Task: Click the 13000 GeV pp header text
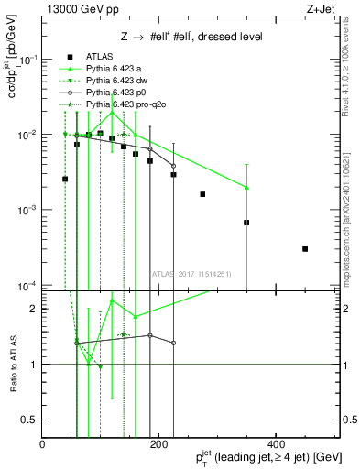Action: (75, 10)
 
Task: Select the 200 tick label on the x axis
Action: (159, 444)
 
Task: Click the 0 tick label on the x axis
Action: (42, 444)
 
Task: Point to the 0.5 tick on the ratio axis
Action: (32, 420)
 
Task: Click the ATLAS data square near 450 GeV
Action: (305, 248)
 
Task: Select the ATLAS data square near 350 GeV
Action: (246, 223)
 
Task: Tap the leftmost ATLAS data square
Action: (65, 179)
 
